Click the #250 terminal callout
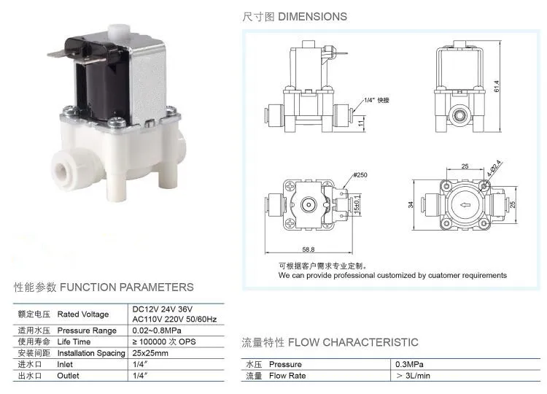pyautogui.click(x=361, y=176)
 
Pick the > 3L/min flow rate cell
pyautogui.click(x=414, y=376)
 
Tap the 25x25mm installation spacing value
pyautogui.click(x=150, y=353)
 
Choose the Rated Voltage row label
pyautogui.click(x=82, y=314)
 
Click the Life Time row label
pyautogui.click(x=74, y=341)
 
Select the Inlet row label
pyautogui.click(x=65, y=364)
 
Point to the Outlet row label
pyautogui.click(x=68, y=376)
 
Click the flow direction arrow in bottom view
pyautogui.click(x=464, y=205)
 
